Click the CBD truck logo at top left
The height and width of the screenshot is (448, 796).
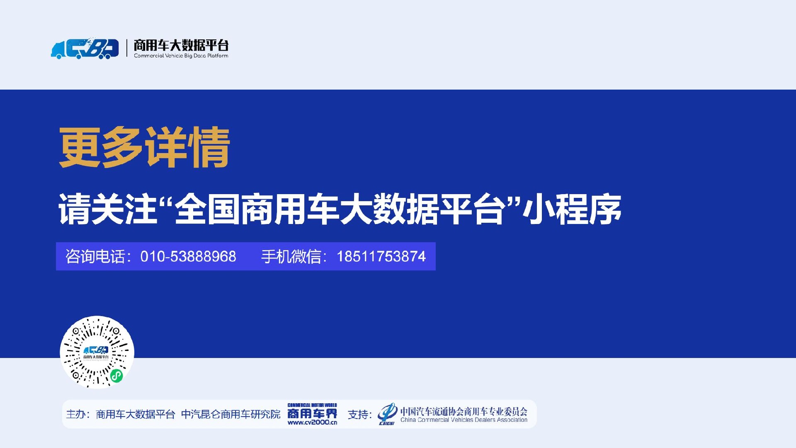[x=85, y=49]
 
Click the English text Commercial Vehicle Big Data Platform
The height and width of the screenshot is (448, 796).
[x=181, y=56]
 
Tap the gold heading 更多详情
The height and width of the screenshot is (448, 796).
[x=144, y=147]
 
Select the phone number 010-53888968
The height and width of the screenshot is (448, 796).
[x=188, y=256]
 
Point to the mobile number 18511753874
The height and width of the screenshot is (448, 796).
[x=381, y=256]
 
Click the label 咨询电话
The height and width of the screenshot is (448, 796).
[x=95, y=256]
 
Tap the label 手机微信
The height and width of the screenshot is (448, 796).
[x=291, y=256]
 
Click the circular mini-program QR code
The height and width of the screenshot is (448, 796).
[x=97, y=353]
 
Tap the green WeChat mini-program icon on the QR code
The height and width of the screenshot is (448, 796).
[x=116, y=376]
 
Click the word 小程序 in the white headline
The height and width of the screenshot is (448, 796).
[x=572, y=209]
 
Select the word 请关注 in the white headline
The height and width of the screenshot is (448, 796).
[x=108, y=209]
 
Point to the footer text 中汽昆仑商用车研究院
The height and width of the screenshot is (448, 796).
[x=231, y=414]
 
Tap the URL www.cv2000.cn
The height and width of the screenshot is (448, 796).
[x=312, y=422]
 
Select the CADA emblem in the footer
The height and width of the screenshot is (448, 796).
[x=387, y=414]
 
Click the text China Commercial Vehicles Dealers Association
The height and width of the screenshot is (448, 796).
[x=464, y=420]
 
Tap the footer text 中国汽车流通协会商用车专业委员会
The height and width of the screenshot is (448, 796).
[x=464, y=411]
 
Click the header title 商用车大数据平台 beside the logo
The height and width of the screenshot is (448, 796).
[x=181, y=45]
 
